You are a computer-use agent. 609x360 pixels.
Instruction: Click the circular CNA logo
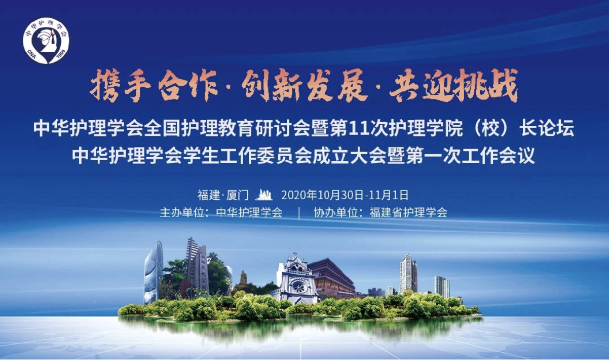point(46,41)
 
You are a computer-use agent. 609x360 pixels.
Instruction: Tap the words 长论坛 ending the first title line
point(547,128)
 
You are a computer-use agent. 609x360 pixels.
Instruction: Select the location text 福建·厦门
point(223,195)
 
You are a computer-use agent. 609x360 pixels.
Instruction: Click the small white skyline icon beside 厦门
point(264,195)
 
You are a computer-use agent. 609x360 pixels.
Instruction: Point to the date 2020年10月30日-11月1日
point(345,195)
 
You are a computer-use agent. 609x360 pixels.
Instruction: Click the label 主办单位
point(181,212)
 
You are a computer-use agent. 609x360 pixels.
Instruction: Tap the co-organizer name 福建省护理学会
point(408,212)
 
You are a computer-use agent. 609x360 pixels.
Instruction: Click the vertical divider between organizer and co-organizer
point(299,213)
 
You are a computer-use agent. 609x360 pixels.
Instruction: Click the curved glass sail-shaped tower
point(153,272)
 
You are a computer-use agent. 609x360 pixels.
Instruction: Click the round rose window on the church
point(298,287)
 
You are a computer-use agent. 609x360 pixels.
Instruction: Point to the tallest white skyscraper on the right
point(408,274)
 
